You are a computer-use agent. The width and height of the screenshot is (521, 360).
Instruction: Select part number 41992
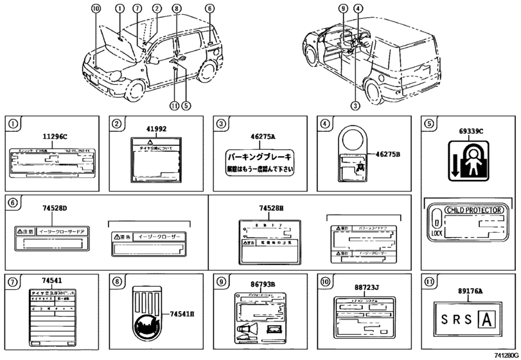coord(157,129)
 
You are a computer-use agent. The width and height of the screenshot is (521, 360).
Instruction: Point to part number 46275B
coord(387,154)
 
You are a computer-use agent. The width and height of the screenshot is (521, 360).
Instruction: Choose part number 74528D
coord(55,208)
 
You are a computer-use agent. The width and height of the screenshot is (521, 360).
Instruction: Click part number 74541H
coord(182,314)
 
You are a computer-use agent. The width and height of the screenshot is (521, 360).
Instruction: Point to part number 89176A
coord(471,291)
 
